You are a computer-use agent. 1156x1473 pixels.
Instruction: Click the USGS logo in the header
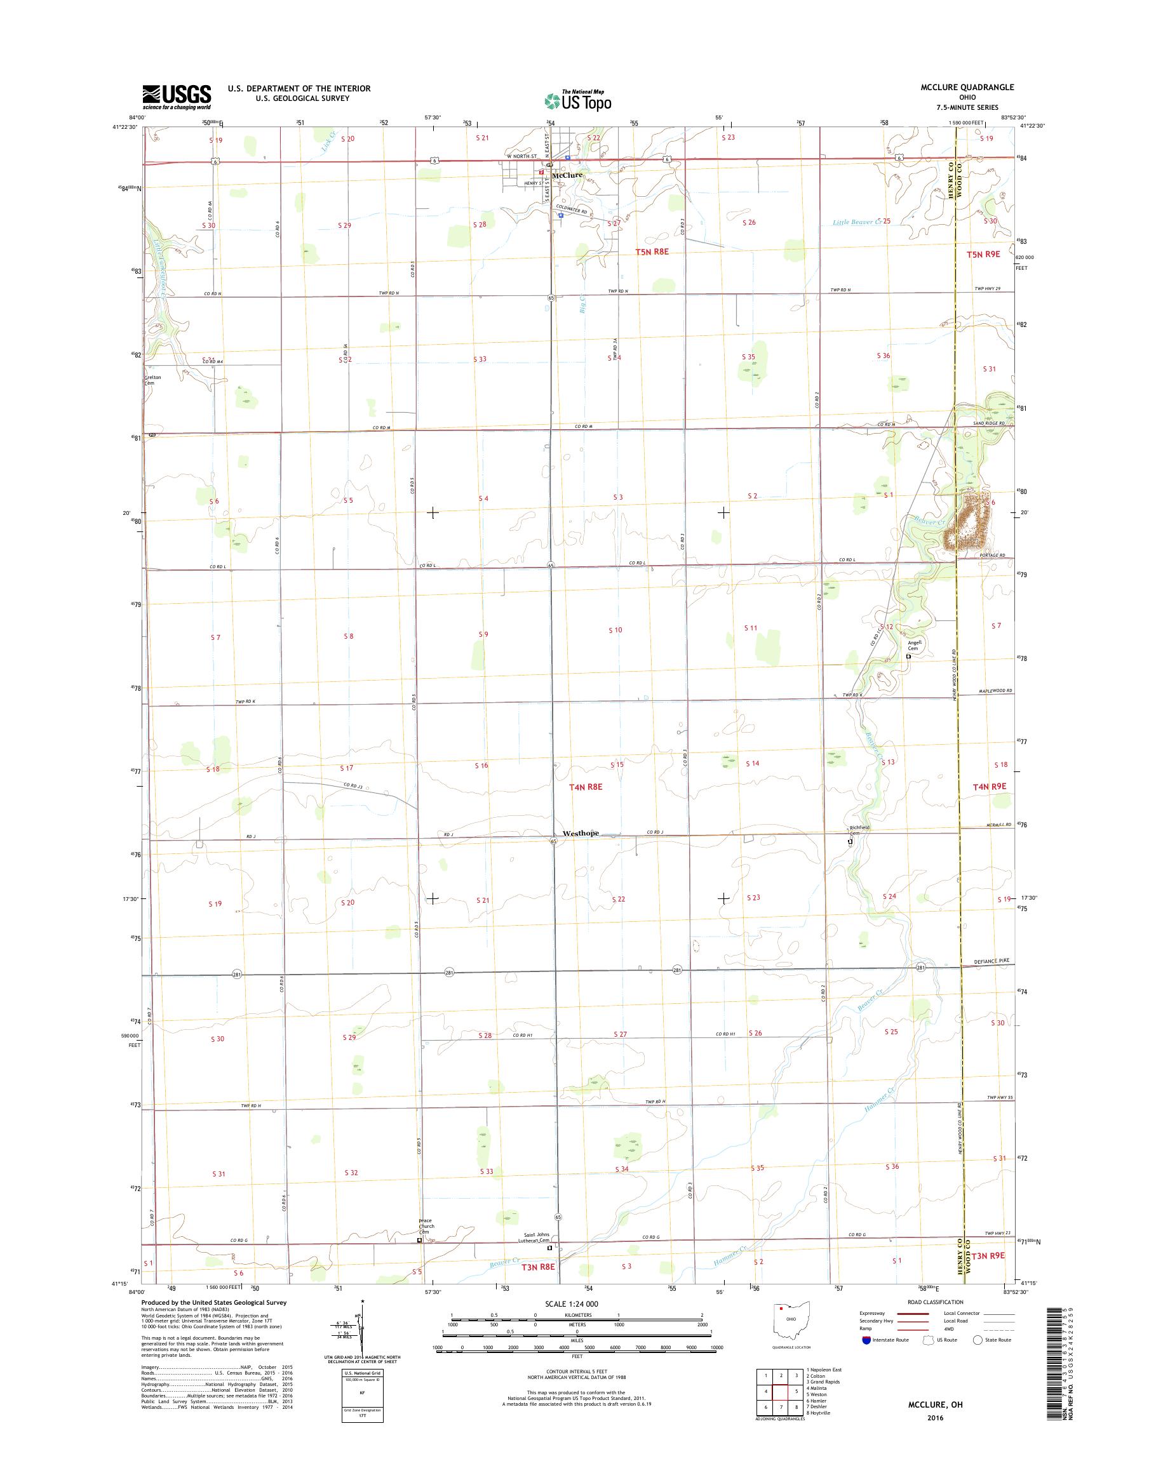176,97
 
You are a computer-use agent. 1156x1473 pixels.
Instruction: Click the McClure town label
567,175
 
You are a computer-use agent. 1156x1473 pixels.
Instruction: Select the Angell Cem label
915,646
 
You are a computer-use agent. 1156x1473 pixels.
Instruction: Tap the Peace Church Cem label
426,1226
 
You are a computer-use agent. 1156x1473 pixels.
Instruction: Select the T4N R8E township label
586,787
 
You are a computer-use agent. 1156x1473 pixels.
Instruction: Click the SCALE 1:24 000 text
572,1304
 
